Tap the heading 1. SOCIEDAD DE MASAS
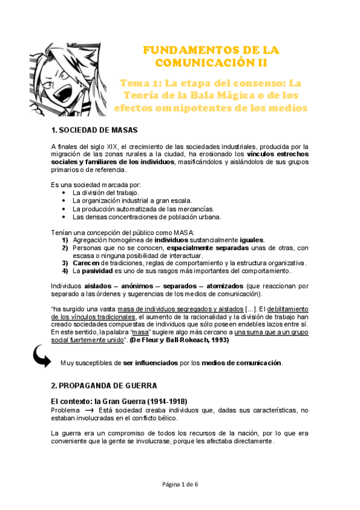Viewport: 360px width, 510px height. coord(94,131)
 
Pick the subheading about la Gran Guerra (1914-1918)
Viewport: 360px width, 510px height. coord(120,401)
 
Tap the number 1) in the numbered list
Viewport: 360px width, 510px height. coord(65,239)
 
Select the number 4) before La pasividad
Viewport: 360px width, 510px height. coord(65,270)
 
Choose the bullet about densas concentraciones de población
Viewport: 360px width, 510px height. coord(147,217)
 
